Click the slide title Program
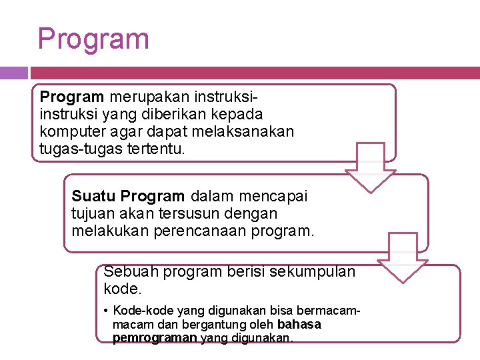pos(93,39)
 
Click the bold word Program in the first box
pos(71,98)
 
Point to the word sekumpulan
pos(315,271)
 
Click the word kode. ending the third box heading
pos(123,289)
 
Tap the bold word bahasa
pos(299,324)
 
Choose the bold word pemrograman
pos(155,337)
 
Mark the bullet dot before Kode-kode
pos(107,311)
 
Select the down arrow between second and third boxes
pos(403,258)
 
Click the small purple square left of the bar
pos(13,73)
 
